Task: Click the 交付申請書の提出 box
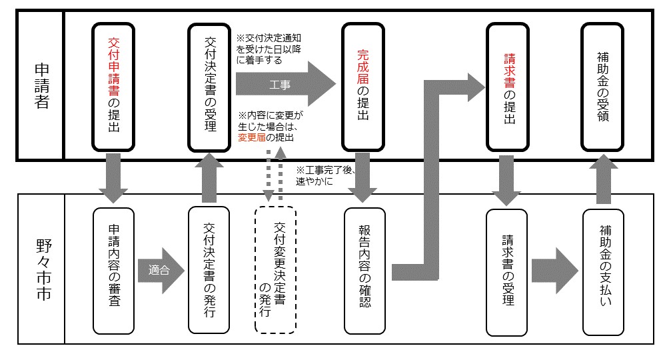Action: coord(113,86)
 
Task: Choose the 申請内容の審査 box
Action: coord(113,270)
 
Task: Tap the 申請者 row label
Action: coord(41,86)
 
